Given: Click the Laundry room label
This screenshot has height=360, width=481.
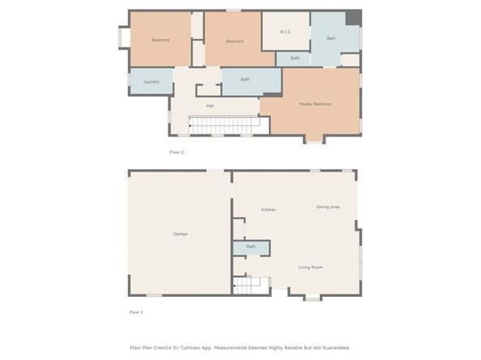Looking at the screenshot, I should [x=151, y=82].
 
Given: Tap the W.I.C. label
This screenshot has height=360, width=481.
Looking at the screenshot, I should [x=285, y=32].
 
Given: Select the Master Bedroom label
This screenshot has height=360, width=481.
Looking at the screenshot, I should [x=315, y=104].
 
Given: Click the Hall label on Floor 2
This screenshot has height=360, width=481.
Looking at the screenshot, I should [x=210, y=106].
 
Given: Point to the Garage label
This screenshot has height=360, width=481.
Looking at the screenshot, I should [x=180, y=234].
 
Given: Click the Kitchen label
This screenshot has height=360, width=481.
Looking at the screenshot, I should [x=268, y=210].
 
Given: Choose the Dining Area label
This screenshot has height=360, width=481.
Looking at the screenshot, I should [x=327, y=207].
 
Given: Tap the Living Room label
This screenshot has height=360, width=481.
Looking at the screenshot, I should [x=311, y=267].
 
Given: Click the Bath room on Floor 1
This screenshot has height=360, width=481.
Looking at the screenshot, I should [x=251, y=247].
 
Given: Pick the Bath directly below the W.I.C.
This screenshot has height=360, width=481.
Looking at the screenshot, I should [x=295, y=58].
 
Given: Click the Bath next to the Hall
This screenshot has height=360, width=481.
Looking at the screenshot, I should [x=245, y=79].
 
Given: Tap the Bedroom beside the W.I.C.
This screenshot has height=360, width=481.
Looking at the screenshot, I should [x=235, y=41].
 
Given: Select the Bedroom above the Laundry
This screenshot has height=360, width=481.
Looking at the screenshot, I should [x=160, y=40].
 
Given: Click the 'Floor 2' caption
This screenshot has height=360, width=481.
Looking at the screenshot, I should [x=177, y=152].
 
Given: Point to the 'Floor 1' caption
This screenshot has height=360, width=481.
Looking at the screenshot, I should [x=136, y=311].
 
